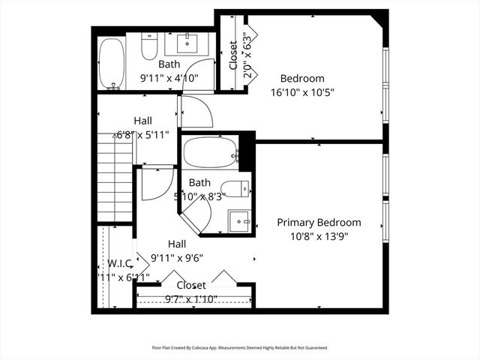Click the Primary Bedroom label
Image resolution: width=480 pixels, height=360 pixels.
tap(319, 222)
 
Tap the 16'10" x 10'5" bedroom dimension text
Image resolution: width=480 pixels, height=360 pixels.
tap(302, 92)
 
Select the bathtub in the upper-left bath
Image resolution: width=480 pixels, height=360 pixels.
tap(112, 64)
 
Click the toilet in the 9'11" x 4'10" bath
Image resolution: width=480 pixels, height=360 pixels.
tap(149, 49)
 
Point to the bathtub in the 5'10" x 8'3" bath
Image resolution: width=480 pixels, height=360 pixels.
tap(210, 153)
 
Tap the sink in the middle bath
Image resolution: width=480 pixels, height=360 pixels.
tap(239, 220)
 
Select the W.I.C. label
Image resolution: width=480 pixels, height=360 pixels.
tap(120, 263)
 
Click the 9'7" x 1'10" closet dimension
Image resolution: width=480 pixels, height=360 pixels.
tap(191, 298)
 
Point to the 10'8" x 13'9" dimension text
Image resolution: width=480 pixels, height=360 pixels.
tap(319, 236)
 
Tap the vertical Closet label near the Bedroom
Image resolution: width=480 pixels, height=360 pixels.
tap(233, 55)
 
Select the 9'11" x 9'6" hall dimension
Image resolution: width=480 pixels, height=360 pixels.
tap(177, 258)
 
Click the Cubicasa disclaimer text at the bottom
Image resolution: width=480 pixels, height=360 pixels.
tap(240, 348)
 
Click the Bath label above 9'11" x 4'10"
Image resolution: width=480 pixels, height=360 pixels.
tap(169, 64)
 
